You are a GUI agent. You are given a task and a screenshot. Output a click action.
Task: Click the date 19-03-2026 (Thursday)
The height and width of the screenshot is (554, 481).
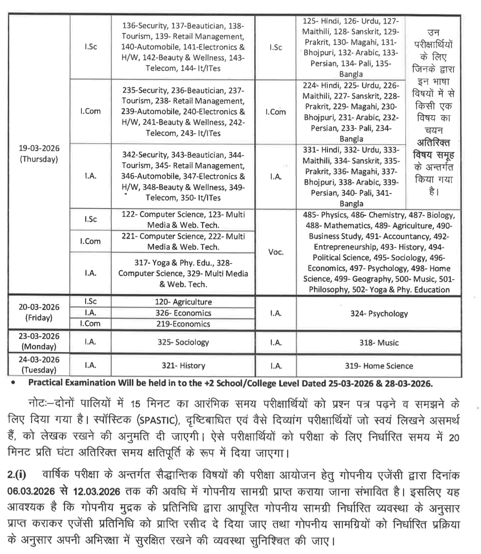pyautogui.click(x=39, y=153)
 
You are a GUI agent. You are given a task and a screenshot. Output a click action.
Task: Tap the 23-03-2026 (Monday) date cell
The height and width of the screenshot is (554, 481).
pyautogui.click(x=39, y=341)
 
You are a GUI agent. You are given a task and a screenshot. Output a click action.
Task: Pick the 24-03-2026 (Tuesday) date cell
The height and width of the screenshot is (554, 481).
pyautogui.click(x=39, y=365)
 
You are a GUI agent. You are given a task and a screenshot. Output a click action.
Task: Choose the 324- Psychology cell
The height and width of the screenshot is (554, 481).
pyautogui.click(x=379, y=313)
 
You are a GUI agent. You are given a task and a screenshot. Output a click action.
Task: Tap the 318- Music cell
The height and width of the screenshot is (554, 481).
pyautogui.click(x=379, y=342)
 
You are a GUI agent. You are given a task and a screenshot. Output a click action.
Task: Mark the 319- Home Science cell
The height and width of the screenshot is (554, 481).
pyautogui.click(x=379, y=365)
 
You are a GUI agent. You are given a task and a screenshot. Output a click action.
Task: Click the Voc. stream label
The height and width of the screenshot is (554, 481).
pyautogui.click(x=276, y=252)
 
